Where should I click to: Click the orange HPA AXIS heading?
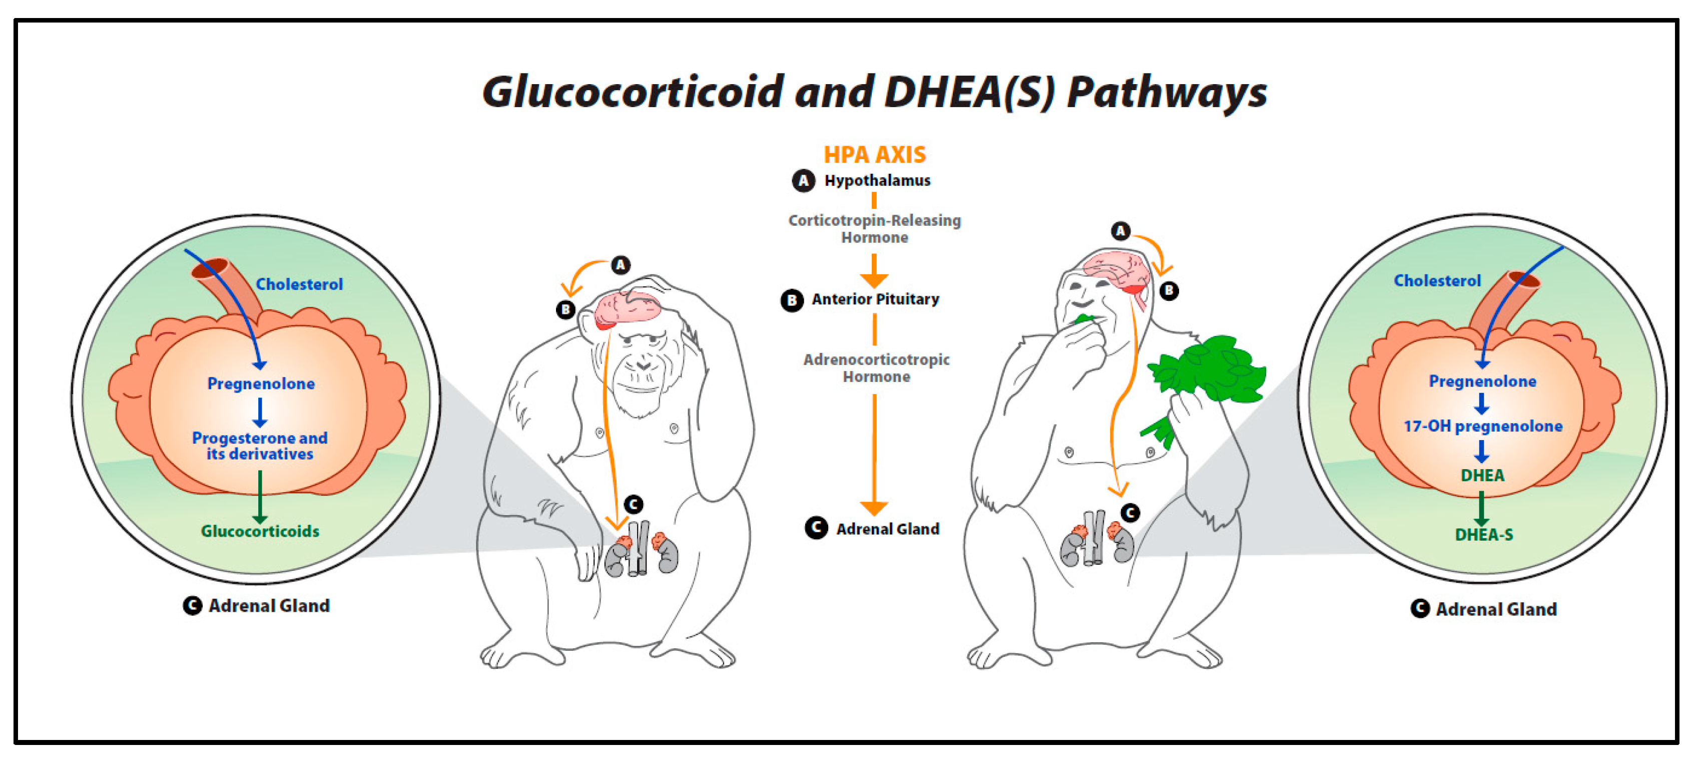pyautogui.click(x=874, y=155)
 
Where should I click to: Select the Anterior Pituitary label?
pyautogui.click(x=875, y=299)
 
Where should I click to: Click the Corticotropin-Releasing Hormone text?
pyautogui.click(x=874, y=228)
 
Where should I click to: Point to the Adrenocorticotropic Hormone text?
pyautogui.click(x=876, y=368)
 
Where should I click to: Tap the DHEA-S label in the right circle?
pyautogui.click(x=1484, y=535)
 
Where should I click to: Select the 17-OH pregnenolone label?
pyautogui.click(x=1483, y=427)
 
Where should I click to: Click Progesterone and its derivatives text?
pyautogui.click(x=260, y=446)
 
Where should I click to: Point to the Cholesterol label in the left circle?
pyautogui.click(x=299, y=284)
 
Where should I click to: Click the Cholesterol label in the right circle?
pyautogui.click(x=1437, y=281)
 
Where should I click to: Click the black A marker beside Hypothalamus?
pyautogui.click(x=803, y=180)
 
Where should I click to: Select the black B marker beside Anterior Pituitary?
pyautogui.click(x=792, y=300)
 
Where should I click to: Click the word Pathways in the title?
pyautogui.click(x=1167, y=92)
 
